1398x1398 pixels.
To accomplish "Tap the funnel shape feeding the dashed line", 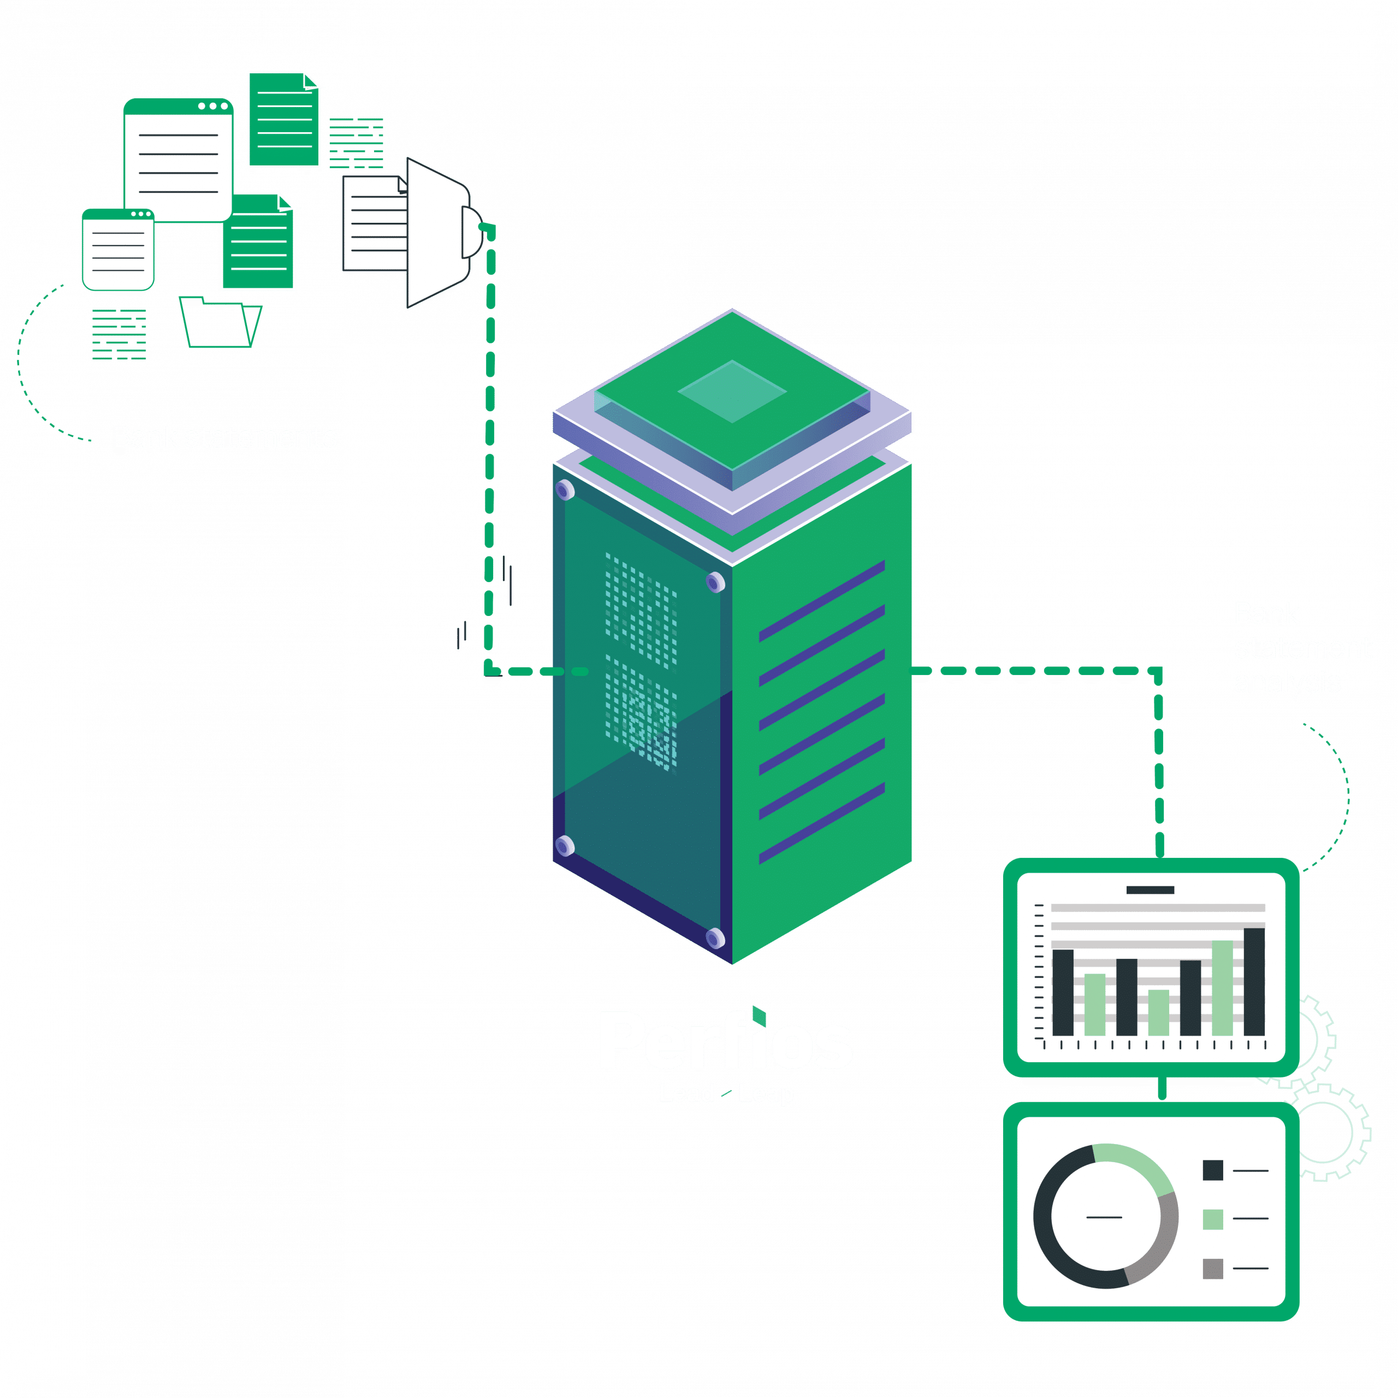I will (436, 233).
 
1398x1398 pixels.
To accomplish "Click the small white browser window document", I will (118, 250).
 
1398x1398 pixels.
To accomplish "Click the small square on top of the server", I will (732, 392).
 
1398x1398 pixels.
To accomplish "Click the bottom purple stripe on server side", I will (822, 823).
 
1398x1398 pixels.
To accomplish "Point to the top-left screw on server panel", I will (565, 490).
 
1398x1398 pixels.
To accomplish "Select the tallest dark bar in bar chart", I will (1254, 981).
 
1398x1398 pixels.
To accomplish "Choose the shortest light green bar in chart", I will (1158, 1012).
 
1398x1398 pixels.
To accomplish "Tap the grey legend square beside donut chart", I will (1213, 1269).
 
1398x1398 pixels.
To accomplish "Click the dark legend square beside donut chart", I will (1213, 1170).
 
